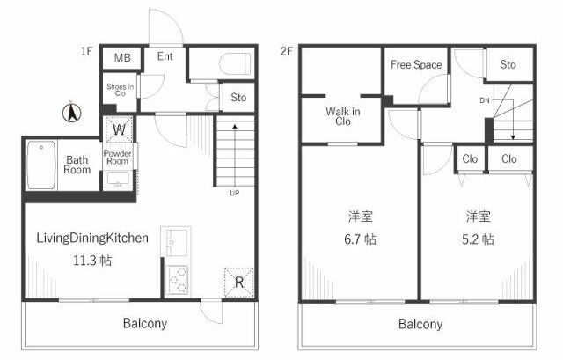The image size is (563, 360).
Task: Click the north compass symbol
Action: click(x=71, y=112)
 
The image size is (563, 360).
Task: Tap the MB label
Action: click(x=122, y=57)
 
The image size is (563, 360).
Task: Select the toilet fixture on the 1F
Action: click(x=235, y=64)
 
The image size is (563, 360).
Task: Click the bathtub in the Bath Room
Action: click(x=41, y=165)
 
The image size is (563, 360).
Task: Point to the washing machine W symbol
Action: click(x=120, y=129)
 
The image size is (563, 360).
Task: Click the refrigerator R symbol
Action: click(x=238, y=283)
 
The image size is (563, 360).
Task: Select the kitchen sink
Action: click(x=176, y=241)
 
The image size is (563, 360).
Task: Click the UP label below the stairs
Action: click(x=235, y=193)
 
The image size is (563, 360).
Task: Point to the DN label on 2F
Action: click(x=485, y=100)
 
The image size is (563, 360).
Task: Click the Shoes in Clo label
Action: click(x=121, y=90)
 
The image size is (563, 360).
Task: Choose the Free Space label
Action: click(x=416, y=64)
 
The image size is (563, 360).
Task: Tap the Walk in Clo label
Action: click(x=343, y=116)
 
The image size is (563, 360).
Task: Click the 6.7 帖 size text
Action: click(x=360, y=239)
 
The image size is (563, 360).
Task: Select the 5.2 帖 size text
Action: click(x=478, y=239)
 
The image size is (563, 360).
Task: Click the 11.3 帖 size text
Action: click(x=92, y=261)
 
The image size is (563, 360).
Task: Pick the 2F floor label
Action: click(x=287, y=51)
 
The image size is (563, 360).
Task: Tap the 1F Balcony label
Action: click(x=145, y=323)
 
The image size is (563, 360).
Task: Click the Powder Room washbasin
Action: click(x=118, y=180)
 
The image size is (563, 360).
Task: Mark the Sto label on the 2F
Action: click(x=508, y=64)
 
